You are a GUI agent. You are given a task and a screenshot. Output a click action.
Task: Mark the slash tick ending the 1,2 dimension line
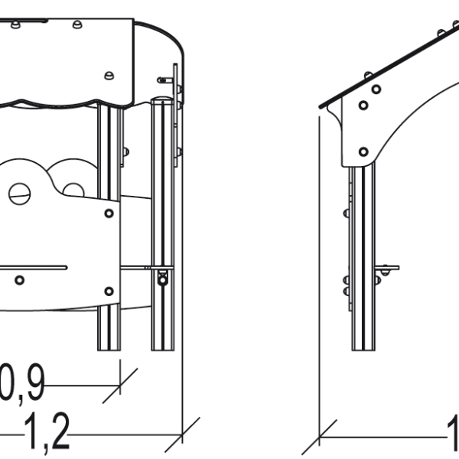coord(184,433)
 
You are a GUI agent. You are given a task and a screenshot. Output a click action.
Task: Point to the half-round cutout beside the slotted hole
coord(73,189)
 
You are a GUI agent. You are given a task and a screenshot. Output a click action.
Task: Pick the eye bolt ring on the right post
coord(162,280)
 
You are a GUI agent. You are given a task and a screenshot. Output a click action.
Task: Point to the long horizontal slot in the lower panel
coord(31,267)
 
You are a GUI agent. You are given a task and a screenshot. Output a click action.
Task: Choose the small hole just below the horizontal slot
coord(20,280)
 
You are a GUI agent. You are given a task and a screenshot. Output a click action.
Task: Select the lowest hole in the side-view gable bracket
coord(363,151)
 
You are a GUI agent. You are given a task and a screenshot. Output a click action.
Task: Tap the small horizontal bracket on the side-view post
coord(387,269)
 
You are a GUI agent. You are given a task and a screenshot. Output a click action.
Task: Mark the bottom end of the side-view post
coord(363,348)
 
